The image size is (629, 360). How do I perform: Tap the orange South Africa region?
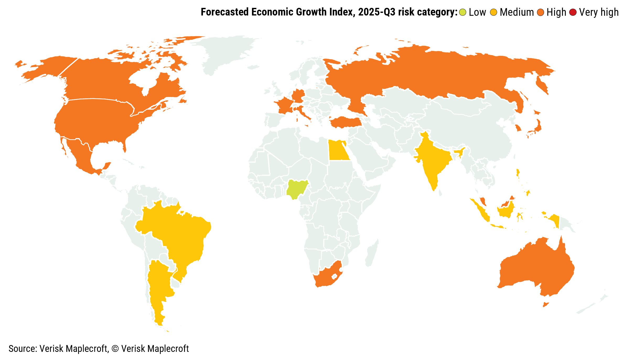pyautogui.click(x=326, y=278)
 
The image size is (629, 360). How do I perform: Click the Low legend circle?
pyautogui.click(x=463, y=12)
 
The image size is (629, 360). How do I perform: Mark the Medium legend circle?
pyautogui.click(x=494, y=12)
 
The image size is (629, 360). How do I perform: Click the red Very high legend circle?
pyautogui.click(x=573, y=12)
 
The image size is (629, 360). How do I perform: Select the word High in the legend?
pyautogui.click(x=556, y=12)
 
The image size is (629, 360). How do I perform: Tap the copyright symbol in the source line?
pyautogui.click(x=115, y=349)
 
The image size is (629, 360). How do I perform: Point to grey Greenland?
pyautogui.click(x=225, y=52)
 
